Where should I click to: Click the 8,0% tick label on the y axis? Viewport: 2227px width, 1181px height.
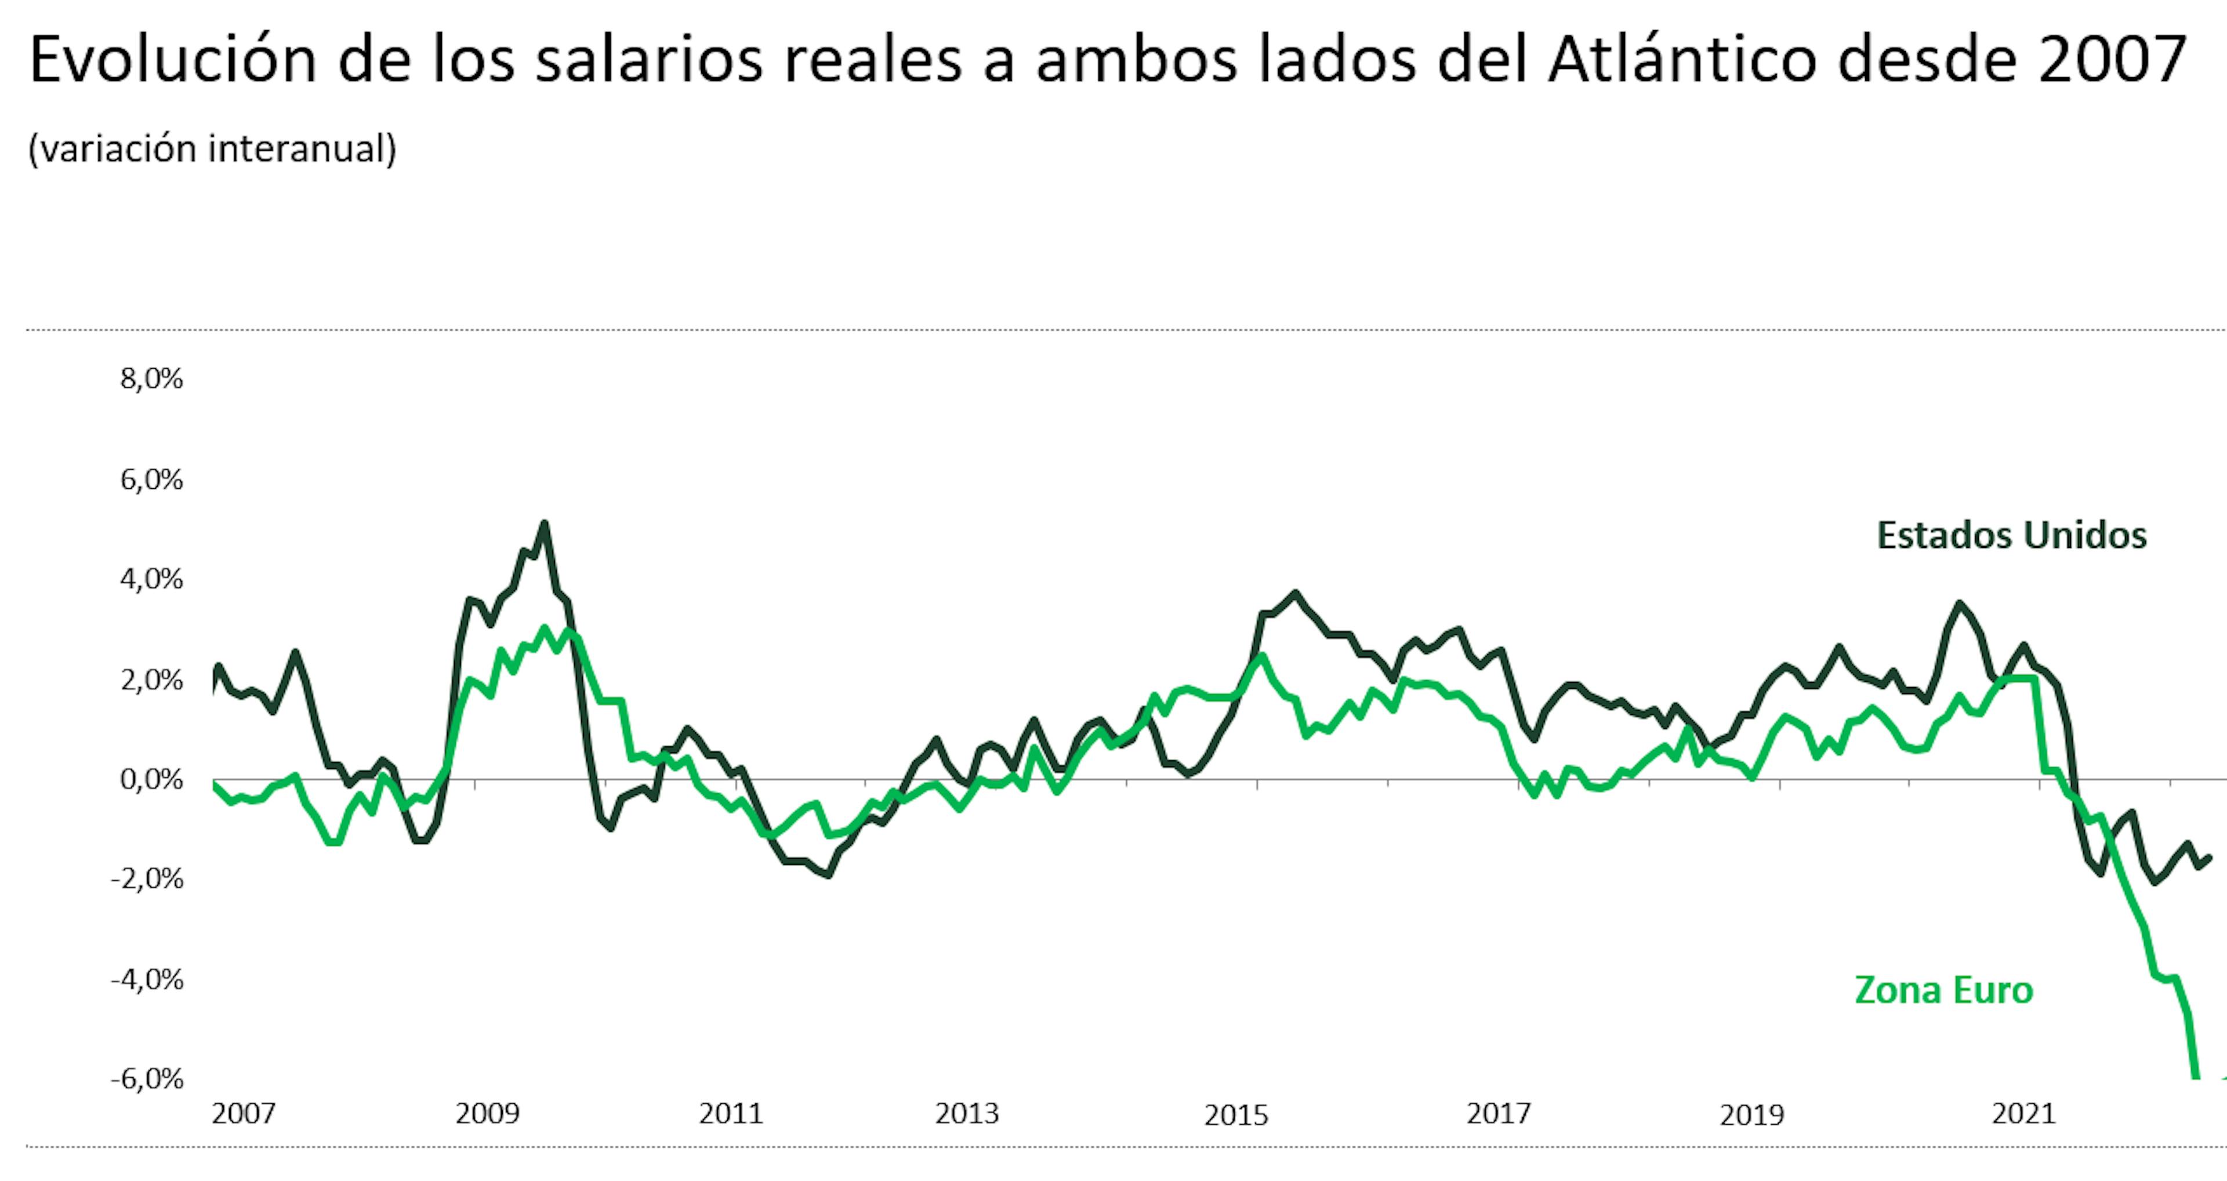point(151,379)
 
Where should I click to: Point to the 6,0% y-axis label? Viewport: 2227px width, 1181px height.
point(151,479)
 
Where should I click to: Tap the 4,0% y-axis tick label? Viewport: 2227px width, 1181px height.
point(151,579)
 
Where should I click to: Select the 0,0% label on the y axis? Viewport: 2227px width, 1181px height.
point(151,780)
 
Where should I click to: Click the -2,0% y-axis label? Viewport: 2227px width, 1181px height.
point(147,880)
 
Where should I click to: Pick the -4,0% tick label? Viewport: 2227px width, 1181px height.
point(147,980)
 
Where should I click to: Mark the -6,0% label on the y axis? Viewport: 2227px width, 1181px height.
point(147,1079)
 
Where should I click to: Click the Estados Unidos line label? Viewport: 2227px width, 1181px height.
point(2011,536)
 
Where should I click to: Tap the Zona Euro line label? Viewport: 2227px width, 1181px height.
point(1943,990)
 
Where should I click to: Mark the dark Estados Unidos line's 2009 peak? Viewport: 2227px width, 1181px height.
point(544,523)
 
